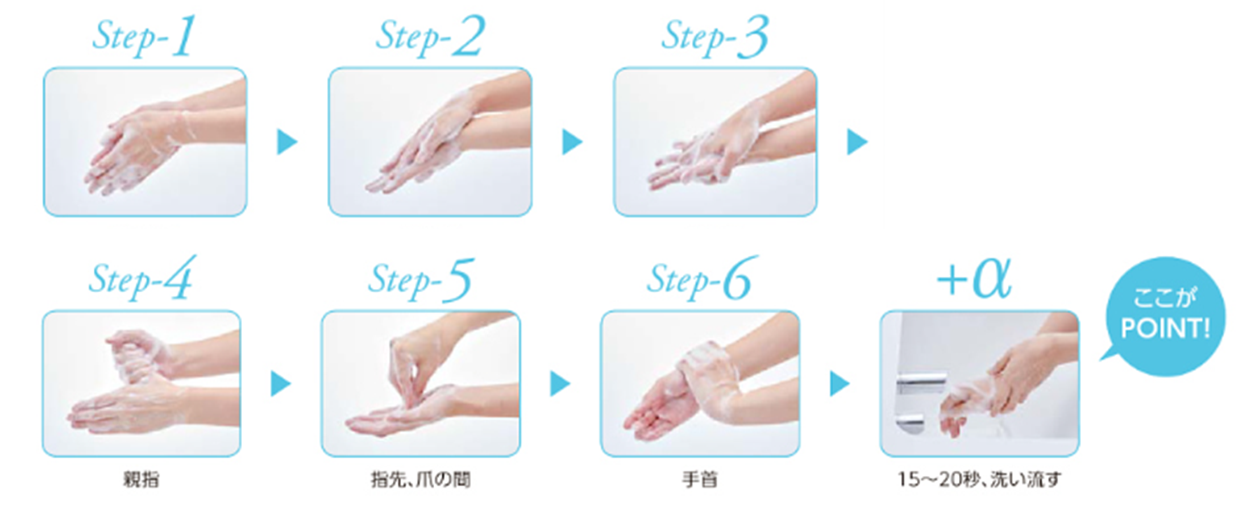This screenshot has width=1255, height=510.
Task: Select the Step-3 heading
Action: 715,36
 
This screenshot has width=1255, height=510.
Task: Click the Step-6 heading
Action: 703,278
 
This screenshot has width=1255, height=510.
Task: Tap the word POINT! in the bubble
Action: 1165,329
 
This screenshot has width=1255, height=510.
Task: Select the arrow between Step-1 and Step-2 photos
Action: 287,142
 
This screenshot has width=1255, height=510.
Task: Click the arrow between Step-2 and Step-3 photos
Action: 572,142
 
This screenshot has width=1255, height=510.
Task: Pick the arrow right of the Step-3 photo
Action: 857,142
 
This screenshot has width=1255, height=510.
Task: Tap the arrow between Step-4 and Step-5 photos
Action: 281,384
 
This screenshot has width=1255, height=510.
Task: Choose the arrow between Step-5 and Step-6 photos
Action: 560,384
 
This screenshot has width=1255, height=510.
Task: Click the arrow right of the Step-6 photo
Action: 840,384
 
